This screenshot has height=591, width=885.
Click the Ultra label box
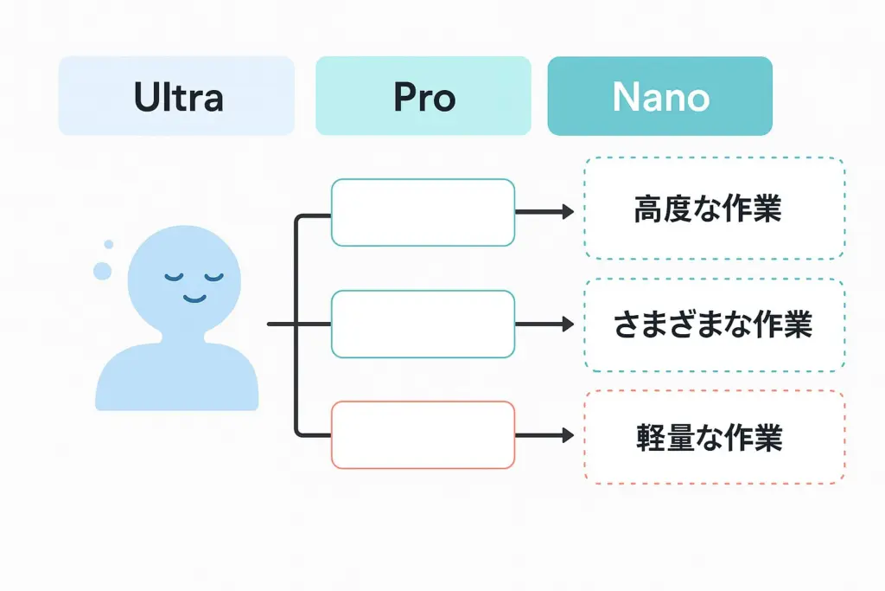[176, 96]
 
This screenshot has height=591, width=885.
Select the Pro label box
[423, 96]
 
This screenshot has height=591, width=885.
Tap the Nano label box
[659, 96]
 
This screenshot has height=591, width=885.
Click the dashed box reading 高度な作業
[714, 209]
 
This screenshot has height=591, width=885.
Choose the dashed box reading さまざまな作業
[714, 325]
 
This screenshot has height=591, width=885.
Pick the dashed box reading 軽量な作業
[714, 437]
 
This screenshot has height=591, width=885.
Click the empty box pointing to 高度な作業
[423, 212]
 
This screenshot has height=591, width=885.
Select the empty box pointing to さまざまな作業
[423, 324]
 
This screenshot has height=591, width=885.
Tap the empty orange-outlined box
[423, 435]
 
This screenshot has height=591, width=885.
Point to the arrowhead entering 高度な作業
[568, 212]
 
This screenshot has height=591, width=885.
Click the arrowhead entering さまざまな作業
[568, 324]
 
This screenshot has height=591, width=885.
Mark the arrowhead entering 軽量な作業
[568, 435]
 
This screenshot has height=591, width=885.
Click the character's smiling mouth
[194, 299]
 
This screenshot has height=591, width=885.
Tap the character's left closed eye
[175, 278]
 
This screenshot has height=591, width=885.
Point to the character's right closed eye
[213, 278]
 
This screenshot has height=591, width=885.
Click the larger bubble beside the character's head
[103, 271]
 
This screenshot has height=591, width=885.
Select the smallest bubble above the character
[109, 245]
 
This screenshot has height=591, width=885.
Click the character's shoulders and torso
[177, 376]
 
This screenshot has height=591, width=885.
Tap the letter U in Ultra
[146, 97]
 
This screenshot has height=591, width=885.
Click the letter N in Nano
[625, 97]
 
